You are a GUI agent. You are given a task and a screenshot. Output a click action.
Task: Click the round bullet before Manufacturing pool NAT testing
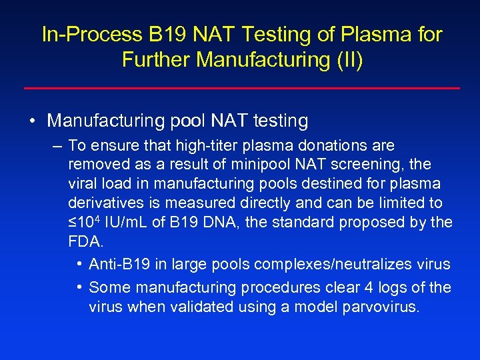click(x=32, y=121)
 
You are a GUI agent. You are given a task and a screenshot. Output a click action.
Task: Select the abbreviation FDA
click(x=84, y=241)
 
